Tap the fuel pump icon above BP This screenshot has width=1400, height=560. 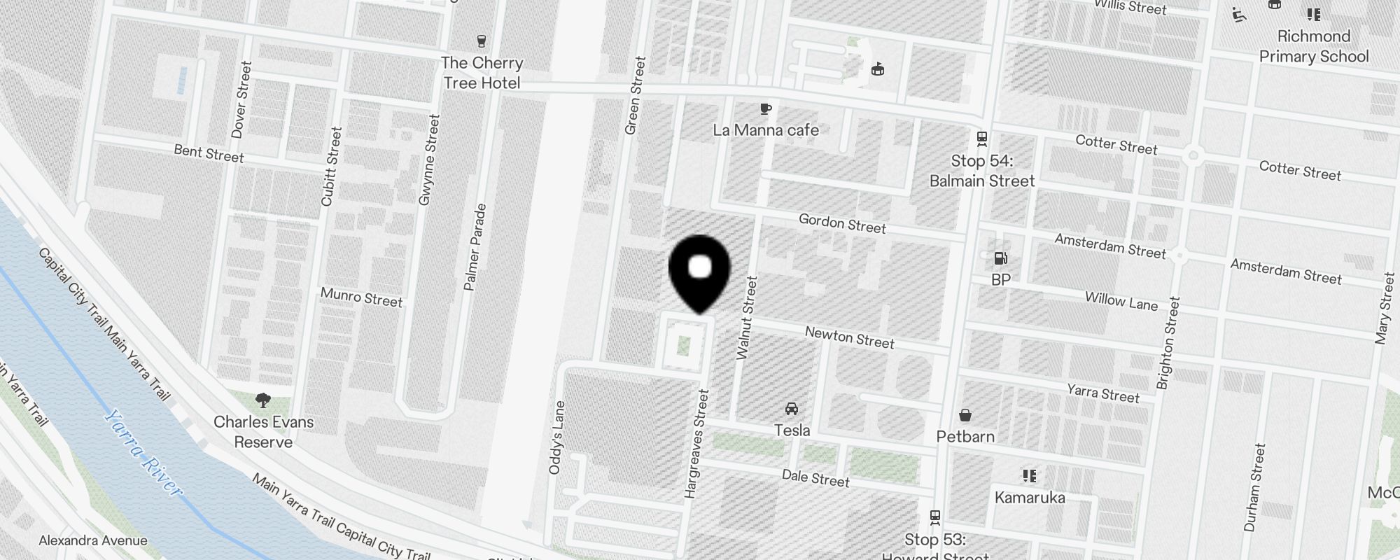tap(1000, 258)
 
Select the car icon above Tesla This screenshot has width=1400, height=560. tap(792, 409)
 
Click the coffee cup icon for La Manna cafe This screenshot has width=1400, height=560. tap(766, 108)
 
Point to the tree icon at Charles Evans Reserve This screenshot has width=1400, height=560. tap(263, 400)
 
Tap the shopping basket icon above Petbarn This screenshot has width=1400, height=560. tap(965, 415)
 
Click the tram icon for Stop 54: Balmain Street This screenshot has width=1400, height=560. tap(982, 139)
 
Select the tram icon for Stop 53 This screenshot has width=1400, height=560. tap(934, 517)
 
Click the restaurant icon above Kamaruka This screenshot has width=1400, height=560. tap(1029, 476)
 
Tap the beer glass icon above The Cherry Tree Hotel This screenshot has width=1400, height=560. tap(481, 41)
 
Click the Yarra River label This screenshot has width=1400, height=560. tap(143, 452)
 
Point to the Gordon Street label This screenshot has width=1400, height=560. tap(842, 224)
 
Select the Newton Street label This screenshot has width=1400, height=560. tap(849, 337)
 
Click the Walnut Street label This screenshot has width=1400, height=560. tap(747, 318)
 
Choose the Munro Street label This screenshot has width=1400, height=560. tap(361, 297)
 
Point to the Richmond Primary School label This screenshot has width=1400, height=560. tap(1314, 46)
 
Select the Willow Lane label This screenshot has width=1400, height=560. tap(1121, 300)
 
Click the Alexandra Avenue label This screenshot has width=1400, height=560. tap(93, 540)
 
